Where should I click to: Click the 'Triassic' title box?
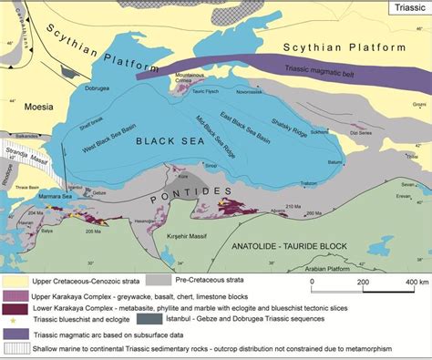coord(405,9)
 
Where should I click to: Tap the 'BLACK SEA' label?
coord(167,141)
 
